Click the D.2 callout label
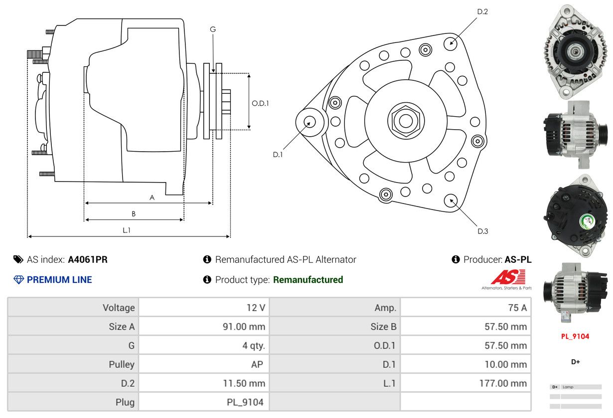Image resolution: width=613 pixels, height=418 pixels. (x=482, y=11)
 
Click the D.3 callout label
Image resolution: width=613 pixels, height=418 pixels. (x=482, y=231)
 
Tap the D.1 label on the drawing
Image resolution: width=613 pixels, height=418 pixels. (x=278, y=155)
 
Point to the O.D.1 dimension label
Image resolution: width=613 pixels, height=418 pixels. (x=260, y=103)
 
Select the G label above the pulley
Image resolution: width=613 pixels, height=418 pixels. (x=213, y=29)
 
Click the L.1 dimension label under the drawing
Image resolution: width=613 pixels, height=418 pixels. (x=127, y=230)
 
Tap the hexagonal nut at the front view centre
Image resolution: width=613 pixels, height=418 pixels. (x=406, y=120)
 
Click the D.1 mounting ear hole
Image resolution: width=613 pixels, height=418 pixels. (x=309, y=122)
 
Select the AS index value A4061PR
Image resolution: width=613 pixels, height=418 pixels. (x=88, y=259)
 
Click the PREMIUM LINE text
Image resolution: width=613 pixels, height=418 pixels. (x=59, y=280)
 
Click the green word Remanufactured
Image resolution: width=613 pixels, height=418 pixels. (x=308, y=280)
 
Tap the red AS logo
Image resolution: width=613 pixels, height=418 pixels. (x=508, y=277)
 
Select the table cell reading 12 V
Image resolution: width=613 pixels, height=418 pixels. (x=256, y=308)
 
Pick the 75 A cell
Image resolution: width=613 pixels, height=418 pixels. (x=517, y=308)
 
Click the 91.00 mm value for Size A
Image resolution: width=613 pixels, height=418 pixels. (x=244, y=327)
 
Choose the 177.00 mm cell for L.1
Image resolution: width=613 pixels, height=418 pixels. (x=505, y=383)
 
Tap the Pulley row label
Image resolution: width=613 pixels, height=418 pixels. (x=122, y=365)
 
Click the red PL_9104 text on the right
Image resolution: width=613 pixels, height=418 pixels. (x=575, y=336)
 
